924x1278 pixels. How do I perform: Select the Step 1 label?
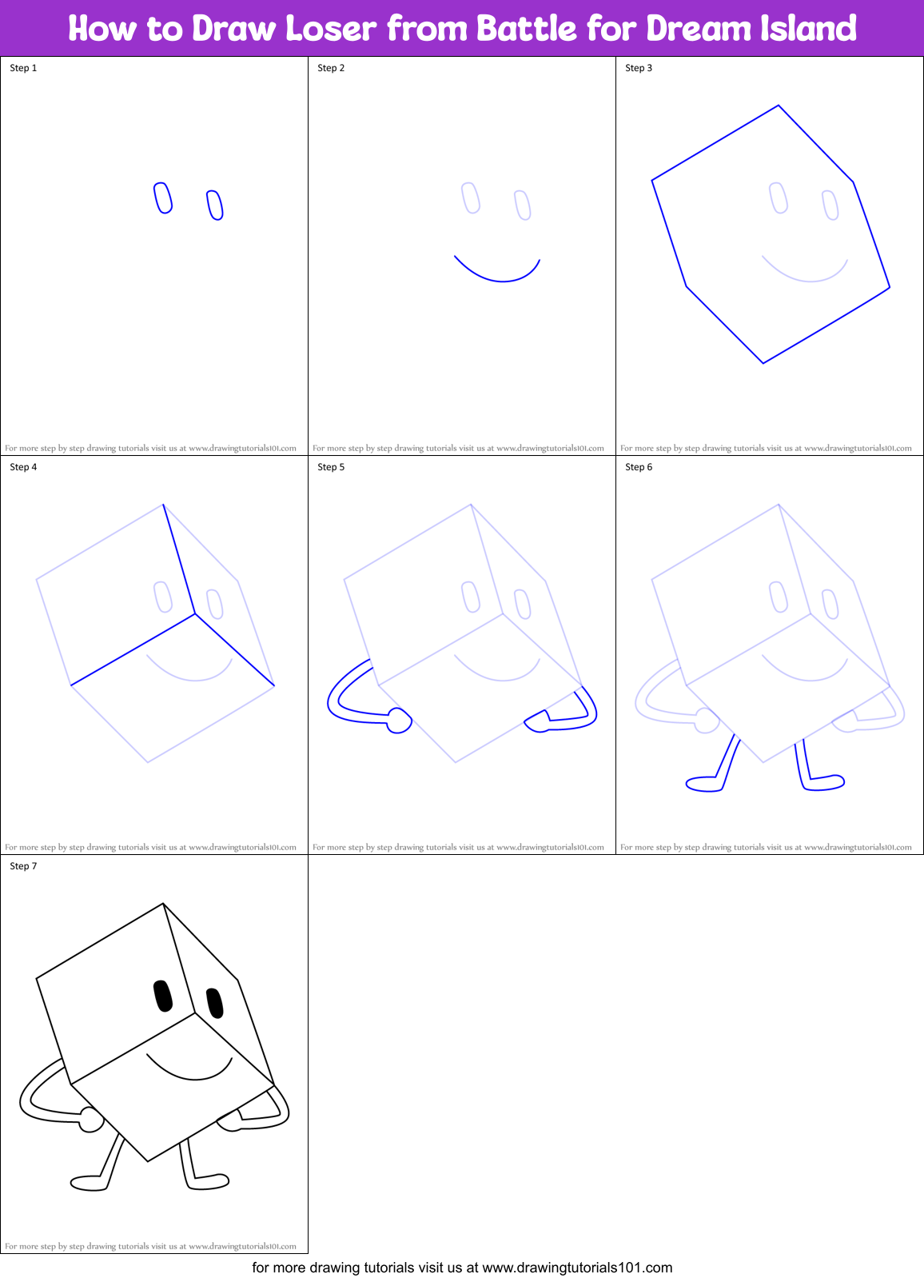pyautogui.click(x=23, y=68)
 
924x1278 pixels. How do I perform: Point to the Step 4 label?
pyautogui.click(x=23, y=467)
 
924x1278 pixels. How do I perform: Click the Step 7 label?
pyautogui.click(x=23, y=866)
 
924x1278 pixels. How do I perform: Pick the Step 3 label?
pyautogui.click(x=639, y=68)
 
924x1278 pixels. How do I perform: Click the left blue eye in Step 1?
pyautogui.click(x=163, y=198)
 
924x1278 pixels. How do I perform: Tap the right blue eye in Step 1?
pyautogui.click(x=214, y=205)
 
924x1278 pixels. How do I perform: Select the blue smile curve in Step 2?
pyautogui.click(x=500, y=278)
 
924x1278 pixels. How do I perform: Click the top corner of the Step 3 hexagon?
pyautogui.click(x=779, y=106)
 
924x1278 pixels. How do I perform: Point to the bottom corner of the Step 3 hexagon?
pyautogui.click(x=763, y=362)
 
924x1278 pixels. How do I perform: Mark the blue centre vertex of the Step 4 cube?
pyautogui.click(x=195, y=614)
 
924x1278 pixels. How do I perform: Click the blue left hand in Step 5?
pyautogui.click(x=399, y=721)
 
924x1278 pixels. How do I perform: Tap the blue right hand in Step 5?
pyautogui.click(x=537, y=721)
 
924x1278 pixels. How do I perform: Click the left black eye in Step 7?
pyautogui.click(x=163, y=996)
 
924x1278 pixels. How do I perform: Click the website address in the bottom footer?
pyautogui.click(x=577, y=1268)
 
